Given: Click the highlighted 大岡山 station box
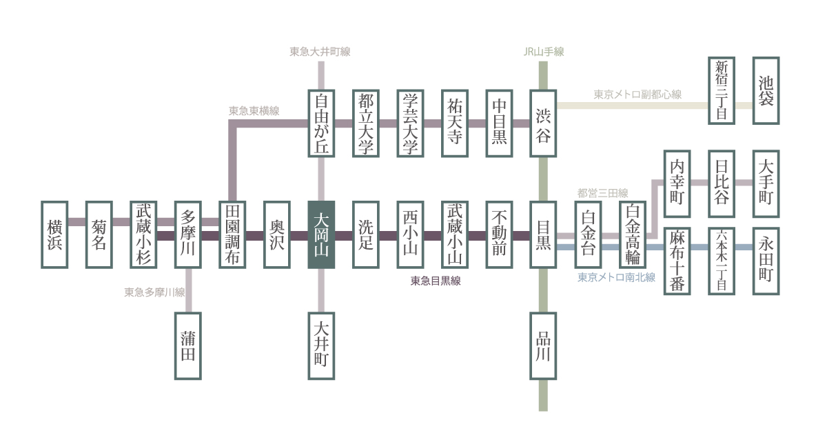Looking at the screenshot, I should click(321, 235).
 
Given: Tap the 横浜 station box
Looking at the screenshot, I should click(55, 235).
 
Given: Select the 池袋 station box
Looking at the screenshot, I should click(766, 90).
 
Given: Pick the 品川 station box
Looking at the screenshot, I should click(543, 345).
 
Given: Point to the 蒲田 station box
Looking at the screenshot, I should click(188, 345).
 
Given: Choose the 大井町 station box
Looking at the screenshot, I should click(321, 345).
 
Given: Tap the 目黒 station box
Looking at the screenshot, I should click(543, 235).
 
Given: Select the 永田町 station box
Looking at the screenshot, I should click(766, 261).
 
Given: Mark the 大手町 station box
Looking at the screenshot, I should click(766, 183).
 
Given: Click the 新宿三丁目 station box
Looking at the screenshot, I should click(722, 90).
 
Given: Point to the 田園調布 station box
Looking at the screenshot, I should click(232, 235).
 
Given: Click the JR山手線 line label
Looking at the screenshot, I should click(543, 52).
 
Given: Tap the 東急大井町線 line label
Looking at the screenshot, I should click(320, 52).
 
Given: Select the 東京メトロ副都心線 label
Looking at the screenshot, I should click(637, 94).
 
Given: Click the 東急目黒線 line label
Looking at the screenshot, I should click(436, 281).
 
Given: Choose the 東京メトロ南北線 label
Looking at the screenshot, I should click(616, 278).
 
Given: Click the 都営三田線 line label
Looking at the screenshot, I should click(603, 192).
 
